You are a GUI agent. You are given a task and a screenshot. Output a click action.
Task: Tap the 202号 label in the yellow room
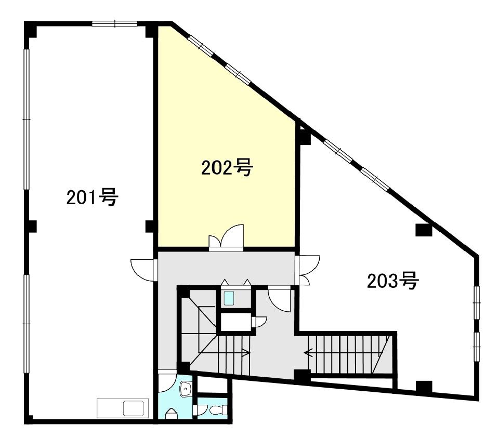(x=227, y=167)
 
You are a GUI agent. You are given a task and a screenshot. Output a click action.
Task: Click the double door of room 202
(x=226, y=239)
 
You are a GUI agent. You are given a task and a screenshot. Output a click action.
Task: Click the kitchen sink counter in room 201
(x=123, y=407)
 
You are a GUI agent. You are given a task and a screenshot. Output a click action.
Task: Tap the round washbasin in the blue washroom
(x=186, y=389)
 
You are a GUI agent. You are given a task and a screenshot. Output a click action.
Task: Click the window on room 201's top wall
(x=114, y=23)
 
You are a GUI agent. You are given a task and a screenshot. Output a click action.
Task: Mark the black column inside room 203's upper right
(x=423, y=230)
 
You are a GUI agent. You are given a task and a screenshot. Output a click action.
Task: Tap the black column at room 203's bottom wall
(x=424, y=387)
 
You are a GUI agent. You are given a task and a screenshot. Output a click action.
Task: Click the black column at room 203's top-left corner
(x=304, y=137)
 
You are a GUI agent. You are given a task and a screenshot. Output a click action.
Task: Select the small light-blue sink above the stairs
(x=229, y=298)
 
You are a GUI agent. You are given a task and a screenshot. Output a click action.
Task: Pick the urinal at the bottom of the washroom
(x=171, y=414)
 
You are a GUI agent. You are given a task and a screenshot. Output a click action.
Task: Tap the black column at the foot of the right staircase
(x=300, y=375)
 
